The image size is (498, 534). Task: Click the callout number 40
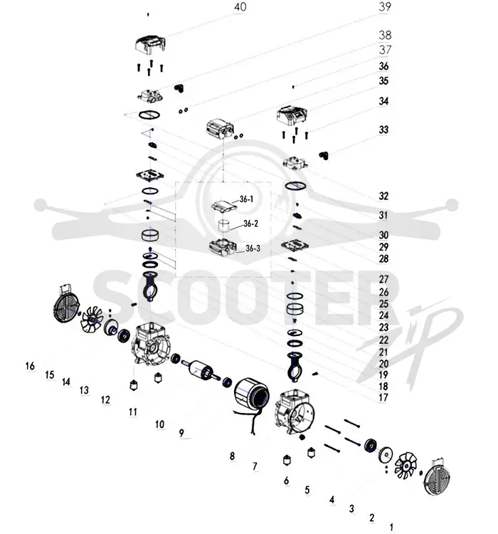240,7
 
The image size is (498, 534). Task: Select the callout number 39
385,6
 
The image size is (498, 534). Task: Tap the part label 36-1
246,199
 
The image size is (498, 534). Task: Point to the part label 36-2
251,224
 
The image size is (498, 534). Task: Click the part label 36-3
253,248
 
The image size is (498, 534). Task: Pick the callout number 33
383,130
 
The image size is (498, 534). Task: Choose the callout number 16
30,366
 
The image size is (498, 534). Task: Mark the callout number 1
391,527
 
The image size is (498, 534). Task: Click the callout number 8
232,456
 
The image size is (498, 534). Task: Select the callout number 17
383,397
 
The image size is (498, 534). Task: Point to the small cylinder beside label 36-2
224,226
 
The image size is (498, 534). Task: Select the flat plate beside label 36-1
223,206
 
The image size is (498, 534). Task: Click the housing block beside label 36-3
223,247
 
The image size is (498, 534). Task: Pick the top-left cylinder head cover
150,44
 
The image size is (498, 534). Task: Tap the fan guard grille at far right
437,478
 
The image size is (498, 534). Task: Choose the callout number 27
383,279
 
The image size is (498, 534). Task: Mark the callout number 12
105,400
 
